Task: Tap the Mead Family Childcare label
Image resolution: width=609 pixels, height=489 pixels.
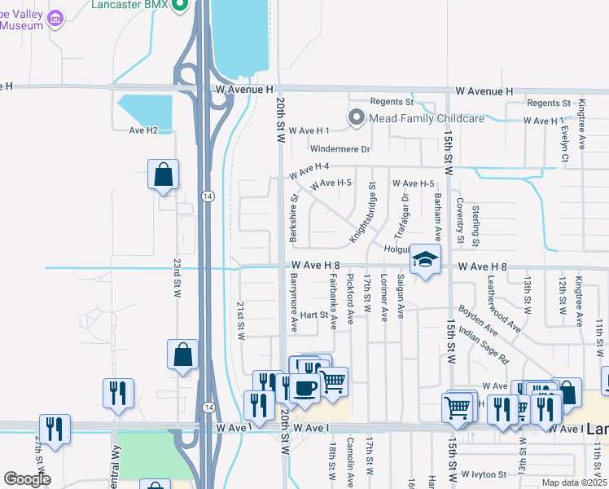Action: [427, 118]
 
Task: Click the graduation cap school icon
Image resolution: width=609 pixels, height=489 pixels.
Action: [425, 260]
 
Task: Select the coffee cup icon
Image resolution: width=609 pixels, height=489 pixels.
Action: [305, 389]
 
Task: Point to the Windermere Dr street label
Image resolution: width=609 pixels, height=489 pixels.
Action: [340, 149]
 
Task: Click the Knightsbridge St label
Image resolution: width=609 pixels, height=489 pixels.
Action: [363, 217]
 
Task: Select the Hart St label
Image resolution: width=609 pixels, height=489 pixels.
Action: [313, 315]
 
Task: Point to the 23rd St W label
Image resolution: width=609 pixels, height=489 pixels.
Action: [177, 280]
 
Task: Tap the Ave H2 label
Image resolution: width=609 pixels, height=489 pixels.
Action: [143, 130]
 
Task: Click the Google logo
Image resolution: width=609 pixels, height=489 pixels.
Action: [27, 479]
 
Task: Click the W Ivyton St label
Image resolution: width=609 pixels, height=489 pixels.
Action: [489, 474]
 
